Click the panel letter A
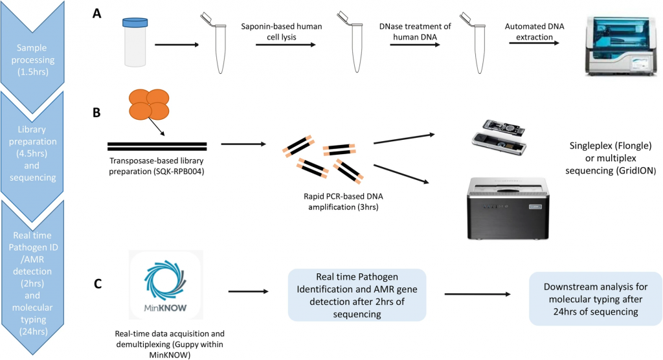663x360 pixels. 96,13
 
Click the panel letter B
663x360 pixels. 96,112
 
